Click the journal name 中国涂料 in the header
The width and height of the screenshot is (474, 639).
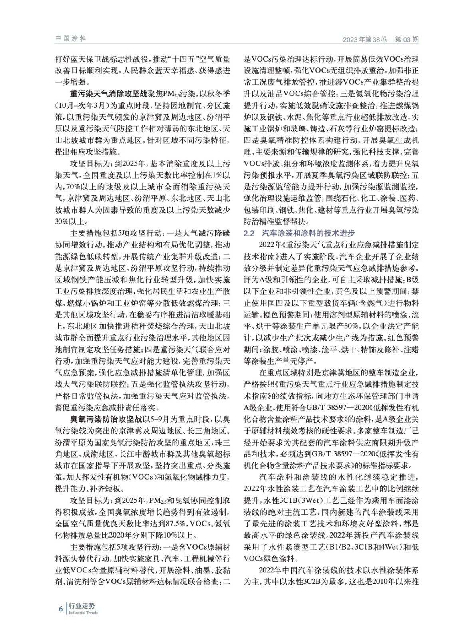[x=70, y=38]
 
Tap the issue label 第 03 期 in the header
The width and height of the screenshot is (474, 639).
[x=407, y=40]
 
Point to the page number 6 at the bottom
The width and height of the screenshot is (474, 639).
[x=61, y=608]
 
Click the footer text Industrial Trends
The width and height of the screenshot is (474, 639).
[x=83, y=613]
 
